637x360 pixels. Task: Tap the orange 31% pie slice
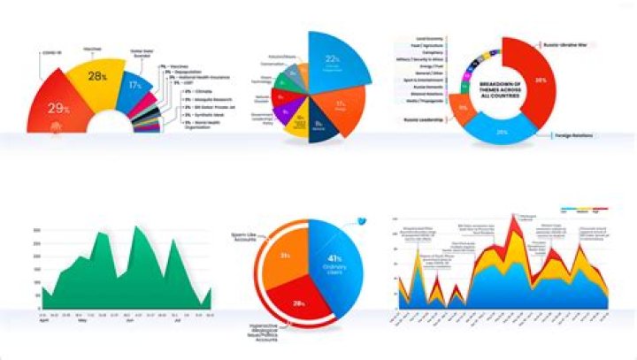(284, 257)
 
